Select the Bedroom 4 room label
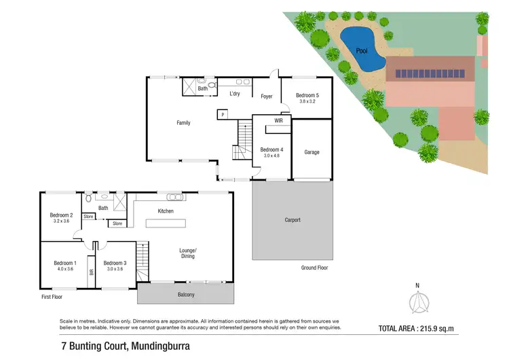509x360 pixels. (271, 149)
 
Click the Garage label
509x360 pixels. (312, 152)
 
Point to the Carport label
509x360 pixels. (293, 220)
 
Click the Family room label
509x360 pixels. (183, 123)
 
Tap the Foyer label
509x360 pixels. (267, 96)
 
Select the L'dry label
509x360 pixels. (235, 94)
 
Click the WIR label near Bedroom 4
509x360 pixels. (278, 120)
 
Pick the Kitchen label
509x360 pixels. (166, 211)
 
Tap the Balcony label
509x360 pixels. (185, 294)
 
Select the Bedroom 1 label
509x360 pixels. (66, 263)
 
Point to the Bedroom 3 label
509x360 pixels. (115, 263)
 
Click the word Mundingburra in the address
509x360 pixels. (172, 346)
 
